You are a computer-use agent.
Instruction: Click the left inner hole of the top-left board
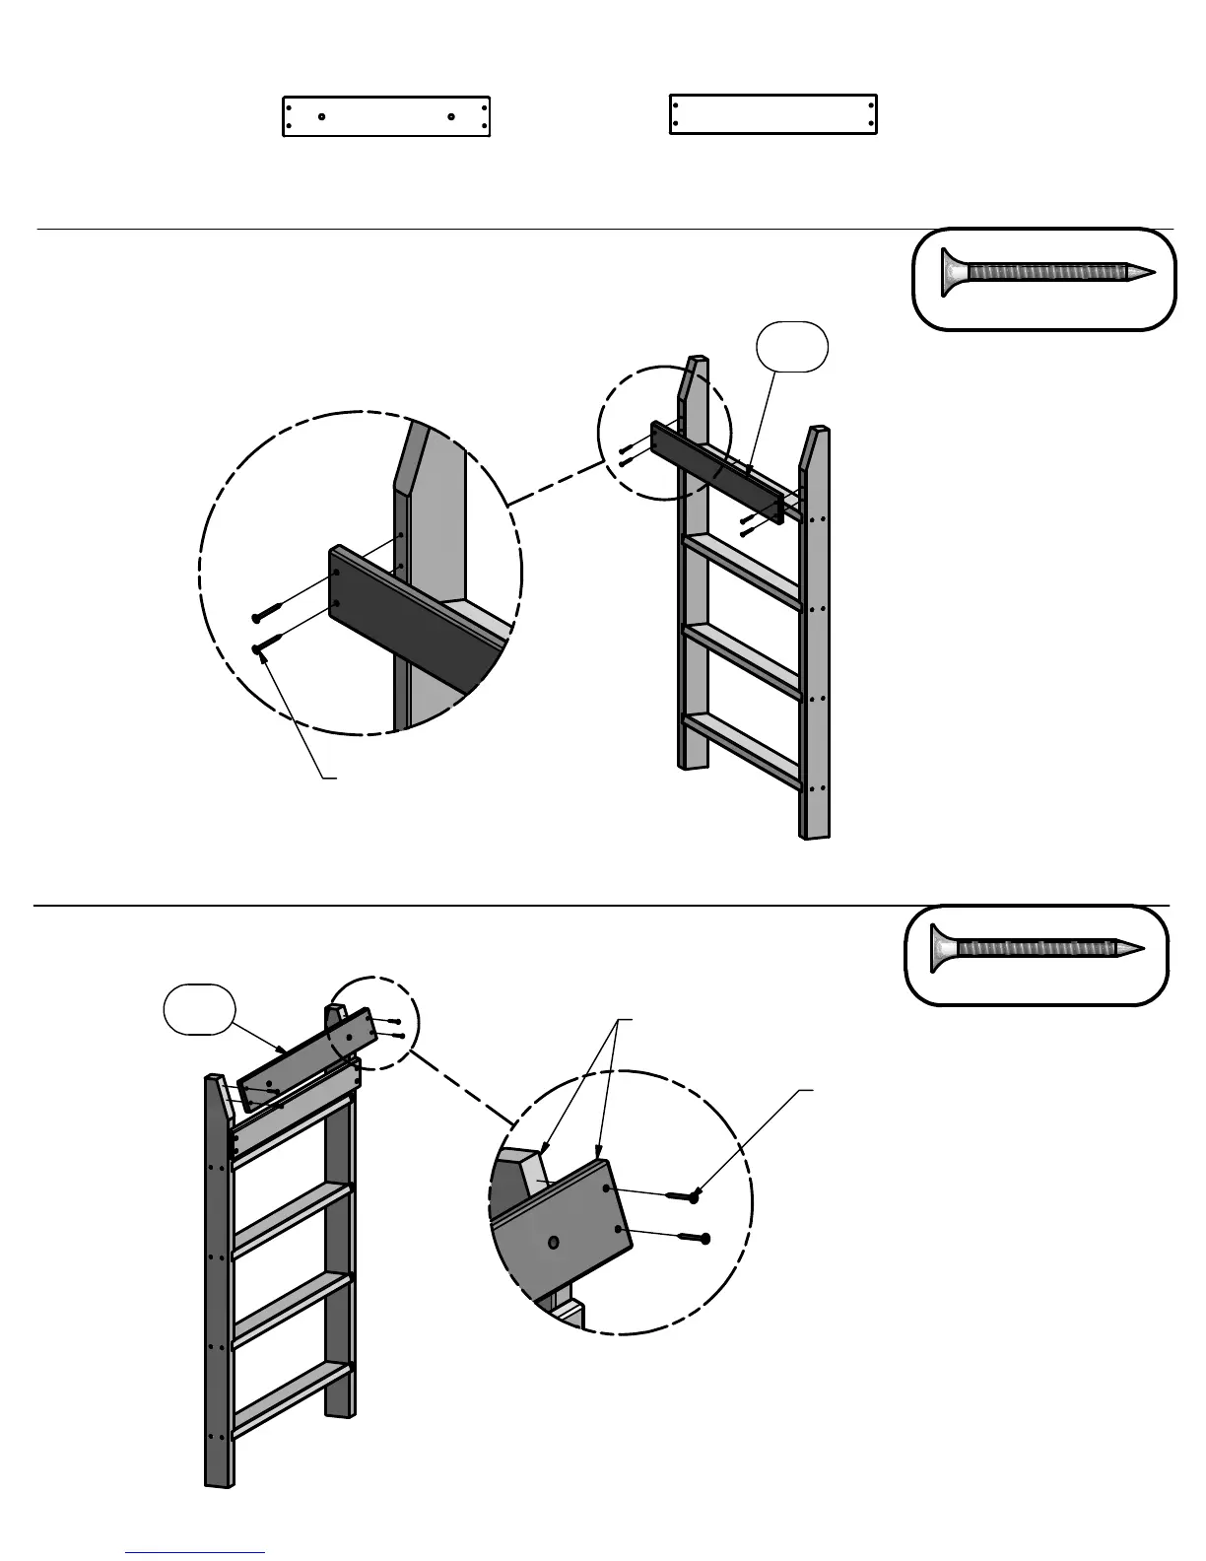(322, 116)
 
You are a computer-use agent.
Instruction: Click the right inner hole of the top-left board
(450, 116)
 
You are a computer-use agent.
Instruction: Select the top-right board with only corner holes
(772, 114)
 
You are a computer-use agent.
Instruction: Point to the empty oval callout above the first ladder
(791, 346)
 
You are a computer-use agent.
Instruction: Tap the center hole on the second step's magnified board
(554, 1243)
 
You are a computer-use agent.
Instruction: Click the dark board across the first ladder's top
(716, 471)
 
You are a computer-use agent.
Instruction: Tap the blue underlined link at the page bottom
(195, 1551)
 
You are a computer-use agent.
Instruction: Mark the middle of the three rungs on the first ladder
(742, 659)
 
